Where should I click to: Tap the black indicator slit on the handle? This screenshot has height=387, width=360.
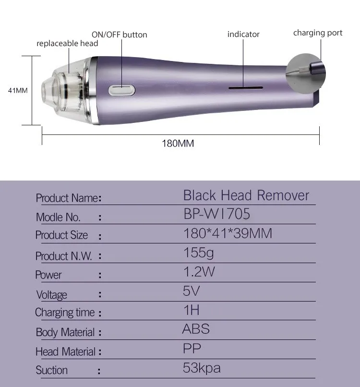pos(245,88)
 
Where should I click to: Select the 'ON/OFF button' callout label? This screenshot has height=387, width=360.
pos(119,35)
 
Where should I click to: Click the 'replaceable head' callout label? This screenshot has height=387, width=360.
pos(67,44)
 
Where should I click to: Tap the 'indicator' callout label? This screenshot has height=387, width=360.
pos(243,35)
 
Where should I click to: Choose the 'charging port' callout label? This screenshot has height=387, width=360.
pos(318,33)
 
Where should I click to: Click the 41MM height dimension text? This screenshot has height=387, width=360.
pos(18,90)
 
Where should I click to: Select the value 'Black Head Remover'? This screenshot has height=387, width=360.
pos(246,195)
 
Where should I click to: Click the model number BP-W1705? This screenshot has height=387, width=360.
pos(216,214)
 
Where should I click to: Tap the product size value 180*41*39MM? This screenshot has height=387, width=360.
pos(228,234)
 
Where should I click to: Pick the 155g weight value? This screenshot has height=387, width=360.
pos(199,253)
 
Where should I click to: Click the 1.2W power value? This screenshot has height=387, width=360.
pos(199,272)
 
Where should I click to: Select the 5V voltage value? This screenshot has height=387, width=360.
pos(191,291)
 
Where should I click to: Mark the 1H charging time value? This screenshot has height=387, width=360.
pos(191,310)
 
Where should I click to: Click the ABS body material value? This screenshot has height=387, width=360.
pos(196,329)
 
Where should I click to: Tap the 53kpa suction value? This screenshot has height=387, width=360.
pos(202,368)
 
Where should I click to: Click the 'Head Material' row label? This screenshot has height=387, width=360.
pos(65,352)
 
